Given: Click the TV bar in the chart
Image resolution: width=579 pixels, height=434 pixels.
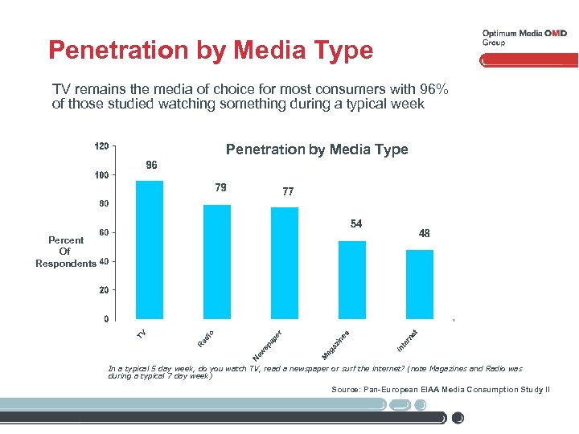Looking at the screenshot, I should (x=150, y=249).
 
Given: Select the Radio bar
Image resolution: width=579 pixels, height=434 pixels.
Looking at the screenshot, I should (x=217, y=261).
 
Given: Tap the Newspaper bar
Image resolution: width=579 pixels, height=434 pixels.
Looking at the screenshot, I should (x=285, y=263).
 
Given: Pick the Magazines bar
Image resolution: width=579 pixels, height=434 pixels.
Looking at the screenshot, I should (x=352, y=280).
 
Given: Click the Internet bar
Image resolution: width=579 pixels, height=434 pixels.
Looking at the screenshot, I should (x=420, y=284).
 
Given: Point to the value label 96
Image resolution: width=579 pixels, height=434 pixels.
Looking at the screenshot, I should (x=151, y=165).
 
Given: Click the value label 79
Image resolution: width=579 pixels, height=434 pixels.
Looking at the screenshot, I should (x=220, y=187).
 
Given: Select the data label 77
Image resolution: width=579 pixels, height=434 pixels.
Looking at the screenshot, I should (x=288, y=192).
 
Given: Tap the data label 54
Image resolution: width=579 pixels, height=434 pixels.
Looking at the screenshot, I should (x=355, y=223).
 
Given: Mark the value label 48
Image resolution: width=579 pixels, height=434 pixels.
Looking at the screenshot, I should (x=424, y=233).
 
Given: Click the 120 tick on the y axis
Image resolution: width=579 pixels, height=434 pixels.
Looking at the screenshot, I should (x=101, y=146).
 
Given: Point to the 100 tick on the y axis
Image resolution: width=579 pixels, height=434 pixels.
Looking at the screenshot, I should (x=101, y=175).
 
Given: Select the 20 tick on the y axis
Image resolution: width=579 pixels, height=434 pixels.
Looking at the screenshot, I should (x=104, y=290).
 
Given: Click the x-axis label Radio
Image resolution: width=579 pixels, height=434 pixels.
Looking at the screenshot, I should (x=206, y=338).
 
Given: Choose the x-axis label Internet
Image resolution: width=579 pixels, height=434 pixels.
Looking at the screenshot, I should (x=408, y=340).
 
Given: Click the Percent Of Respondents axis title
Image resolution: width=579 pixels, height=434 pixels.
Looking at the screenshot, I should (x=65, y=252).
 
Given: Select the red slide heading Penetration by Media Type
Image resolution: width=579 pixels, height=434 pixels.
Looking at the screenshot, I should (x=211, y=51).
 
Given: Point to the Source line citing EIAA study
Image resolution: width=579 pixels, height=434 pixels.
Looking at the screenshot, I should (x=440, y=389).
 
